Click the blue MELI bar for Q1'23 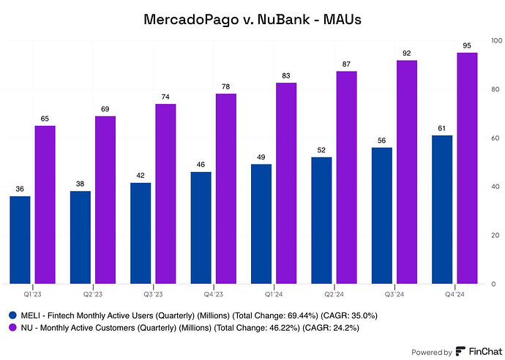[20, 240]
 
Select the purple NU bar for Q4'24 [467, 168]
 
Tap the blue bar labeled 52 [321, 220]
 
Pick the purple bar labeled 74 [165, 194]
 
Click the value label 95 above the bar [467, 46]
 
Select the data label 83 [286, 76]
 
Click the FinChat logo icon [460, 351]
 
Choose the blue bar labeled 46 [201, 228]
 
